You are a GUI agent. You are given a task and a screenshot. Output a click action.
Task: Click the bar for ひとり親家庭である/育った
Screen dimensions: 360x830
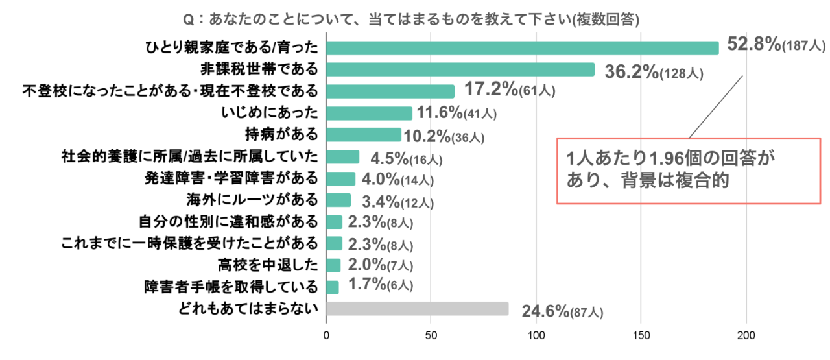522,48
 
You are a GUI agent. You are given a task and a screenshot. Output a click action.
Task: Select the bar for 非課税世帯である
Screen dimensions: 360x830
460,69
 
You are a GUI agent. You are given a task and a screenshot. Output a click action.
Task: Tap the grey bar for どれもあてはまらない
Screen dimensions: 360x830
417,308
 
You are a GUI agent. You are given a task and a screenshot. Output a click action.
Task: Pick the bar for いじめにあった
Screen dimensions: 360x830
369,114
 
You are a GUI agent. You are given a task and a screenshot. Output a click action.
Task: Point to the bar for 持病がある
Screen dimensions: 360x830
363,135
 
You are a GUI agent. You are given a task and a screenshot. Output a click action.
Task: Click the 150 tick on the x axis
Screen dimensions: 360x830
641,335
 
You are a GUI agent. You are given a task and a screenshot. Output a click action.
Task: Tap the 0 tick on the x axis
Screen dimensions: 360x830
326,335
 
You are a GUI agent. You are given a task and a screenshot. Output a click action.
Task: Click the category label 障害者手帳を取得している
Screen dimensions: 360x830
231,286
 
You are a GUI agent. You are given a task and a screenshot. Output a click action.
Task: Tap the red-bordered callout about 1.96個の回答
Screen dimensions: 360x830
689,171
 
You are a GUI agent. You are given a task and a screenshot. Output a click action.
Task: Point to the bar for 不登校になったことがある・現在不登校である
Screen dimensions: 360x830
390,91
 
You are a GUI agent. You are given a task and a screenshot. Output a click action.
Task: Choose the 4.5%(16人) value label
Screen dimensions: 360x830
407,158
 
